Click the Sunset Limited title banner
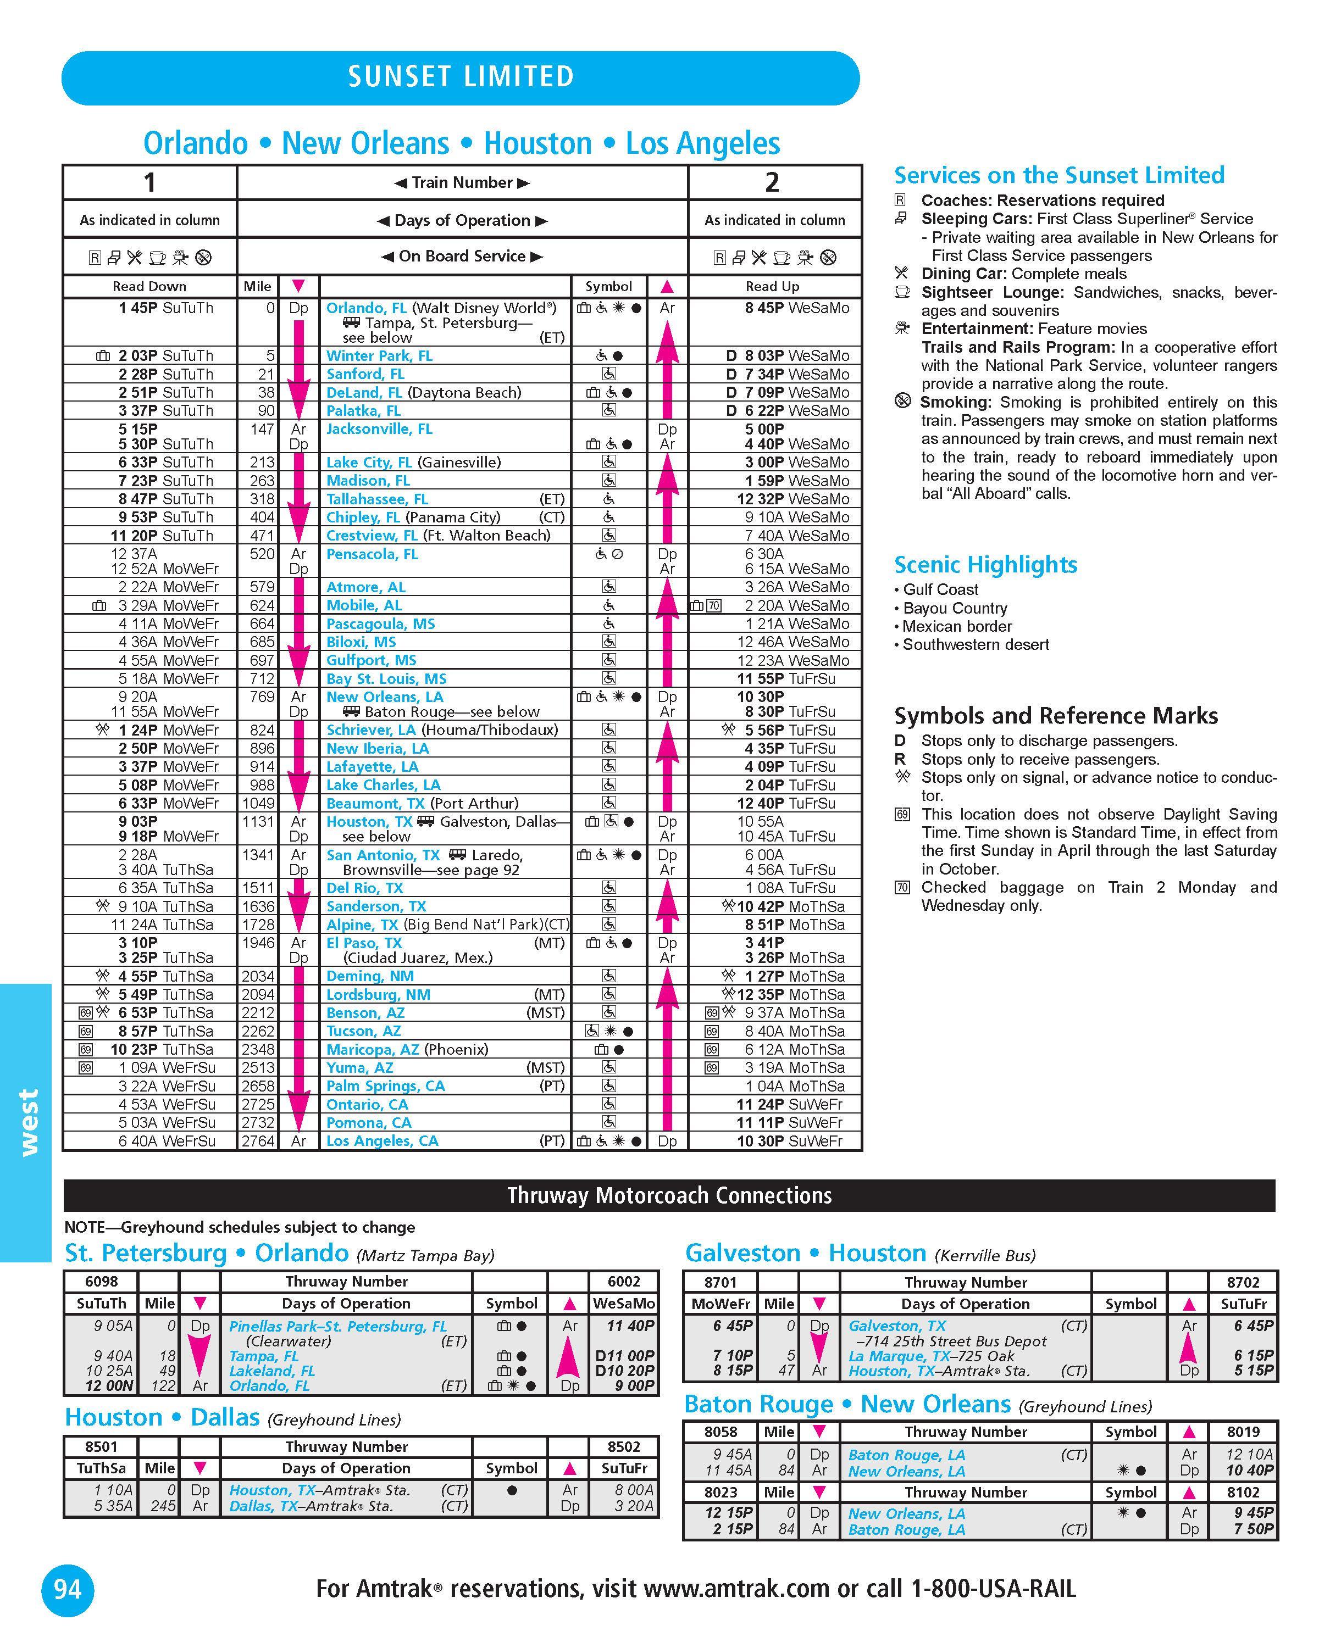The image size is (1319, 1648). [461, 77]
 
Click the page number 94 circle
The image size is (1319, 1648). [67, 1589]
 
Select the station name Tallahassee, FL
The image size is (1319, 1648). [377, 499]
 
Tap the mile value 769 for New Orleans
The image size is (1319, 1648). [262, 697]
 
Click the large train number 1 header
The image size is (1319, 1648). [150, 183]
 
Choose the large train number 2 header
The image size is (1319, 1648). [772, 183]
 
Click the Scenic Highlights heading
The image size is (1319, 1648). [985, 565]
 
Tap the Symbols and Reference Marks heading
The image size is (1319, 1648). [1055, 716]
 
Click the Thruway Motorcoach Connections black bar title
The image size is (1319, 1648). [669, 1195]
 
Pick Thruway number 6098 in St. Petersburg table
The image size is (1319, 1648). [102, 1281]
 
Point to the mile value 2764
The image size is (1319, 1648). [258, 1141]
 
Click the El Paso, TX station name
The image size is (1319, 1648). [364, 943]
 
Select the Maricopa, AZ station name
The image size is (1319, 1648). [373, 1049]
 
